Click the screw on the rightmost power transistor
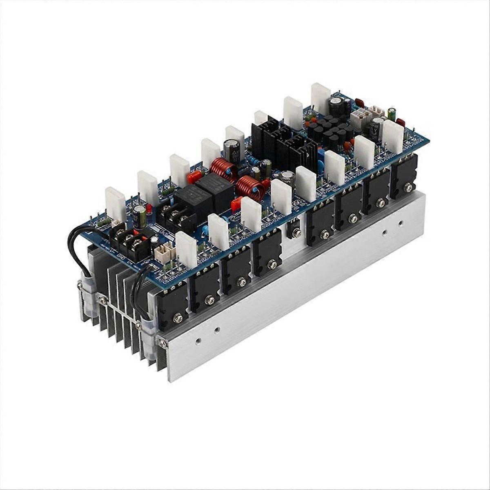point(408,187)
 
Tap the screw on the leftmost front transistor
point(178,317)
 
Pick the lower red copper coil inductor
point(249,187)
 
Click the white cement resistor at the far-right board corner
point(393,136)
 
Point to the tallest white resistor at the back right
point(321,98)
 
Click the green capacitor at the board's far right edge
point(392,114)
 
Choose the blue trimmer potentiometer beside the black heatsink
point(320,156)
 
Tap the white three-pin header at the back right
point(377,112)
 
